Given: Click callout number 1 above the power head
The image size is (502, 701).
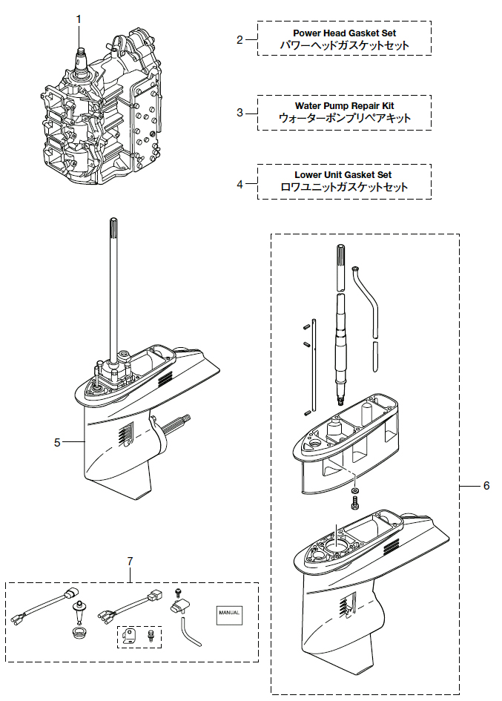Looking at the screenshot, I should pyautogui.click(x=80, y=18).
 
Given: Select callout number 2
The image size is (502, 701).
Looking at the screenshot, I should pyautogui.click(x=240, y=39).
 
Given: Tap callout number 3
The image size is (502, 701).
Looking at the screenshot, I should pyautogui.click(x=240, y=113).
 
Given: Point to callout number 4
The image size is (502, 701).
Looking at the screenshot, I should pyautogui.click(x=240, y=182).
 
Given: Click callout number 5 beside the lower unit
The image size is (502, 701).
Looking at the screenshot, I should pyautogui.click(x=57, y=443).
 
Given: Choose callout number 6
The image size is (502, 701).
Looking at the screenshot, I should pyautogui.click(x=486, y=486).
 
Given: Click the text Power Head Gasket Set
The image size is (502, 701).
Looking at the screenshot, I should pyautogui.click(x=344, y=33).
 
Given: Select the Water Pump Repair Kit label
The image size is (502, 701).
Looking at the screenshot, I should pyautogui.click(x=344, y=106).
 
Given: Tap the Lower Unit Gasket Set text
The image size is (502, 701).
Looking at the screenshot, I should pyautogui.click(x=343, y=175).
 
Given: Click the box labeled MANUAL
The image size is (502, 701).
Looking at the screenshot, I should pyautogui.click(x=228, y=613).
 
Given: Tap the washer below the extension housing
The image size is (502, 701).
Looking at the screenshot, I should pyautogui.click(x=355, y=490).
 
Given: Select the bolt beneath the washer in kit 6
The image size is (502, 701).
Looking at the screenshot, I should pyautogui.click(x=355, y=505).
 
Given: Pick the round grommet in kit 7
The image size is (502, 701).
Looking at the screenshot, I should pyautogui.click(x=76, y=633).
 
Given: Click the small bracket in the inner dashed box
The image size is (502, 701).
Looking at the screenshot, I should pyautogui.click(x=131, y=635).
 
